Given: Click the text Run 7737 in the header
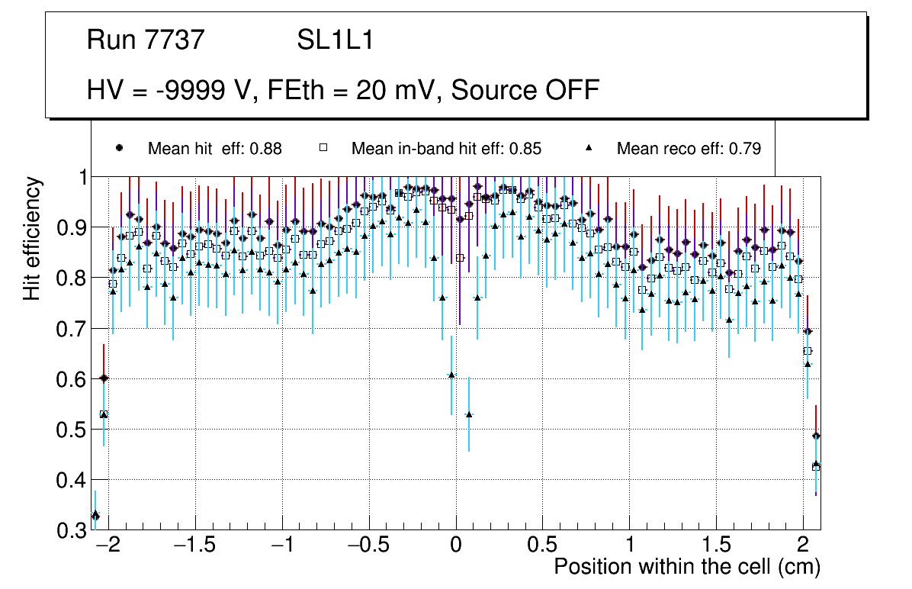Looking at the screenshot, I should [146, 40].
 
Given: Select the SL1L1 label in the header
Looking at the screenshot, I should [335, 40].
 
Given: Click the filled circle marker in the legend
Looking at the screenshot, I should [119, 148].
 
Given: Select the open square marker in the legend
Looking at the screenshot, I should [323, 148].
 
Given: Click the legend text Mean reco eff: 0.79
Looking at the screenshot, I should [689, 149].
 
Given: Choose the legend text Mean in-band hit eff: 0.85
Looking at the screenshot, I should [446, 149].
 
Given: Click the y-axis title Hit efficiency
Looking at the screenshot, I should [32, 238].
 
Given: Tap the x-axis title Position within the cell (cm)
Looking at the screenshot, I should [686, 567].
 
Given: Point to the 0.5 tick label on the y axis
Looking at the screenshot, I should [73, 430].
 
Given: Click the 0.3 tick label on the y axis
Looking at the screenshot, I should [73, 530].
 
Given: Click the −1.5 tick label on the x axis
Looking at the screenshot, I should [195, 546].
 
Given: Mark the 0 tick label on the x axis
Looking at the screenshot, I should [456, 546].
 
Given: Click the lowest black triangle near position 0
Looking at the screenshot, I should [469, 414].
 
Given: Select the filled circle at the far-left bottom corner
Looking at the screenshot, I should [95, 516].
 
